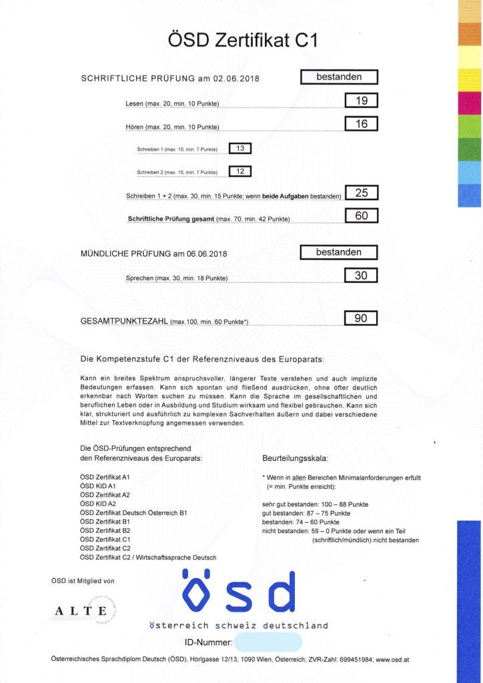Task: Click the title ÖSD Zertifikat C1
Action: point(244,41)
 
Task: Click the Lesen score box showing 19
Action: point(362,101)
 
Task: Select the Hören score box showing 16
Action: point(362,123)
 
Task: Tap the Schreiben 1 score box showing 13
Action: point(239,149)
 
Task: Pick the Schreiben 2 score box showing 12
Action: point(239,171)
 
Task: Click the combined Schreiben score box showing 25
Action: point(362,193)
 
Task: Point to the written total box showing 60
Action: point(362,215)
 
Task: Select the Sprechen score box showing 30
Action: point(362,275)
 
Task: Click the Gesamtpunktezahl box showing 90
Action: point(361,318)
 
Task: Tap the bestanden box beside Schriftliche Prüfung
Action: point(339,77)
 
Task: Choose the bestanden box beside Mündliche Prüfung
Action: point(339,252)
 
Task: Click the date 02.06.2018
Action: point(235,79)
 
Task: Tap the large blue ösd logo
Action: point(238,592)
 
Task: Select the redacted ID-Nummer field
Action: point(268,642)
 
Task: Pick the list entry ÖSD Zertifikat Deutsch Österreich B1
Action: point(133,512)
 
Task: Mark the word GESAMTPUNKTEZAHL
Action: point(124,321)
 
